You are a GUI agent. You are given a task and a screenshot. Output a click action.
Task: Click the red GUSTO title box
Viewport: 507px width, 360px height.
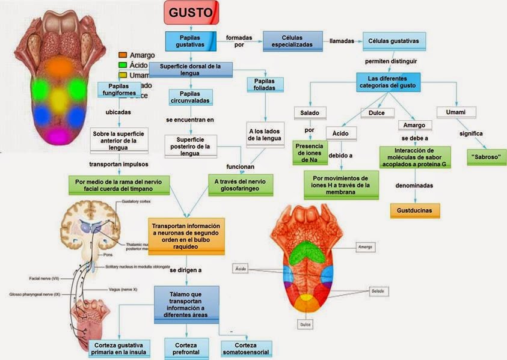click(x=191, y=13)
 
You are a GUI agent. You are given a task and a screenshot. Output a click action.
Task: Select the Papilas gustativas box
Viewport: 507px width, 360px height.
click(x=190, y=41)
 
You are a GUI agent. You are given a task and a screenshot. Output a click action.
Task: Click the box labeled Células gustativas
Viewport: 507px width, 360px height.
click(x=394, y=41)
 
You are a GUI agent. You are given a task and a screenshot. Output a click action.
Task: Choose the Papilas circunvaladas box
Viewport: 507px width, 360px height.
click(x=190, y=97)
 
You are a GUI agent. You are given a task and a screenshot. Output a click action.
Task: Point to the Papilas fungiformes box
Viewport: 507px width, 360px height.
click(x=118, y=90)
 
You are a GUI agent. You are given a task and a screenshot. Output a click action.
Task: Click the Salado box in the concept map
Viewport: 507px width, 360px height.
click(x=310, y=112)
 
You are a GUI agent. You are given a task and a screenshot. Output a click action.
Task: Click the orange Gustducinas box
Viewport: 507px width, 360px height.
click(x=415, y=210)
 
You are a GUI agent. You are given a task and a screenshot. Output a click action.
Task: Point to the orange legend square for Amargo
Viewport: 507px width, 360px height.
click(x=123, y=55)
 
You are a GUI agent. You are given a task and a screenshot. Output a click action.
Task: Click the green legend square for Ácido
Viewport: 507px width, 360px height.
click(x=123, y=65)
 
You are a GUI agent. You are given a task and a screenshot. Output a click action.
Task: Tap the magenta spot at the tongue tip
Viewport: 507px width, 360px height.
click(x=58, y=132)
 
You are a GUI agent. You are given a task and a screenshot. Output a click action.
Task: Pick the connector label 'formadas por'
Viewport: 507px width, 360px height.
click(x=239, y=41)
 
